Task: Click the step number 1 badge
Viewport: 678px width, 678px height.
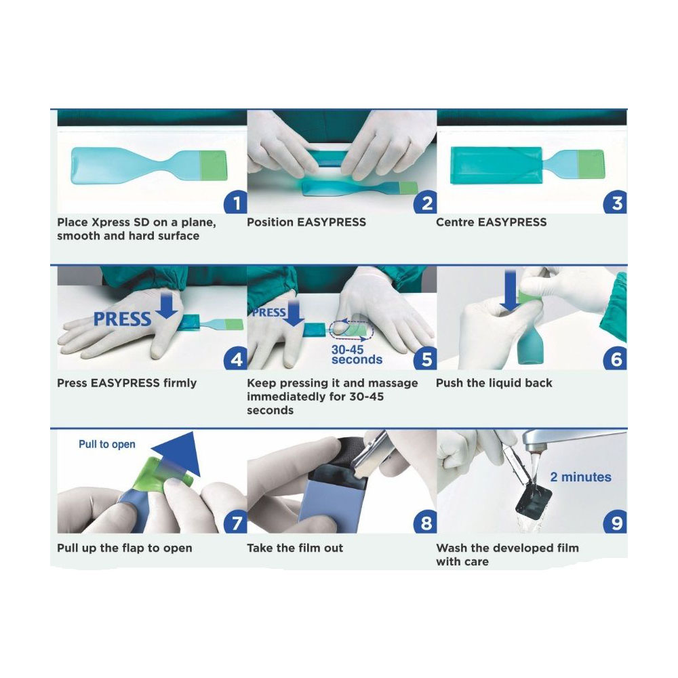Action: coord(235,203)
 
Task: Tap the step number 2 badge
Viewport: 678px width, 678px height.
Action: coord(426,203)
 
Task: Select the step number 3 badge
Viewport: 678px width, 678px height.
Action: coord(616,203)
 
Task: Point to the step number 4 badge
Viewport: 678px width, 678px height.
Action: coord(235,359)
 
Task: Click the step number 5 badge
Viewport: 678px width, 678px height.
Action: coord(426,359)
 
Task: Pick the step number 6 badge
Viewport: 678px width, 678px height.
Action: coord(616,359)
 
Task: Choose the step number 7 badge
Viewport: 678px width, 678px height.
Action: coord(235,523)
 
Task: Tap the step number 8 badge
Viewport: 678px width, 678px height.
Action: coord(426,523)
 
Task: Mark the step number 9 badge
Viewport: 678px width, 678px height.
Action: coord(616,523)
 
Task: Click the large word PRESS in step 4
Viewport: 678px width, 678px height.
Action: coord(122,319)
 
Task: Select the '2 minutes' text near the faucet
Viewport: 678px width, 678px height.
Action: coord(580,477)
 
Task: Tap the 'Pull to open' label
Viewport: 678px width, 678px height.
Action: coord(107,445)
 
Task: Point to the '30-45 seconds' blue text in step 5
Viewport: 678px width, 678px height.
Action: coord(357,354)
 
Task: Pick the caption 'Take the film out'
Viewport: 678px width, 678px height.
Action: coord(295,548)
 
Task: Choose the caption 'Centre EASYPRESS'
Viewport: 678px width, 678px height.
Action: coord(491,222)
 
